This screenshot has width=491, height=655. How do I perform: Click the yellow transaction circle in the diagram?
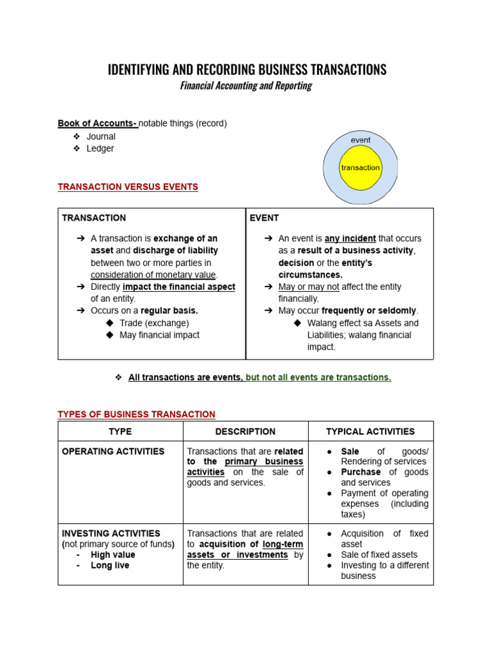(360, 168)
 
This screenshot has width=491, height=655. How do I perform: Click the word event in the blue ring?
(361, 140)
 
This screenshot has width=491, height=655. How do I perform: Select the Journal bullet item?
(101, 136)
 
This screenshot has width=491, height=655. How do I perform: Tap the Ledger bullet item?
(100, 148)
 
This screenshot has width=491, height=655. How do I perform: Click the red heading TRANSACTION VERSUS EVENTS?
(128, 187)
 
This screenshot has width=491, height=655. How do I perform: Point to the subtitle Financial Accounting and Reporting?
(245, 86)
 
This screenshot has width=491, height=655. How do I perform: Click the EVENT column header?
(264, 217)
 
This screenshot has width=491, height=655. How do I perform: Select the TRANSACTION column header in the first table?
(94, 217)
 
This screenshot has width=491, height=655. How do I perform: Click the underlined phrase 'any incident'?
(350, 238)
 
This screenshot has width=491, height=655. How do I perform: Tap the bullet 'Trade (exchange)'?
(154, 323)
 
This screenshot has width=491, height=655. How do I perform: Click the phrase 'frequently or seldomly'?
(365, 311)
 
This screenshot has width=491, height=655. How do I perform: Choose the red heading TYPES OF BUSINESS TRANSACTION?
(137, 414)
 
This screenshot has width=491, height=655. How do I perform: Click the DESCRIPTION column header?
(245, 432)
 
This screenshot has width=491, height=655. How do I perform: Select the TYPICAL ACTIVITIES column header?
(370, 432)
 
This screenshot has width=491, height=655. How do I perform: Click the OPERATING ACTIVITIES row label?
(113, 451)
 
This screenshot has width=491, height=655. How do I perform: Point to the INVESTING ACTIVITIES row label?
(111, 533)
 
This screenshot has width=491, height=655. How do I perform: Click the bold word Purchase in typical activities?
(361, 472)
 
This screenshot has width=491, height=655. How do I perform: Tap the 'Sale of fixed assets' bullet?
(379, 555)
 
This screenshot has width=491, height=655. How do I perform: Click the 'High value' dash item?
(113, 555)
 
